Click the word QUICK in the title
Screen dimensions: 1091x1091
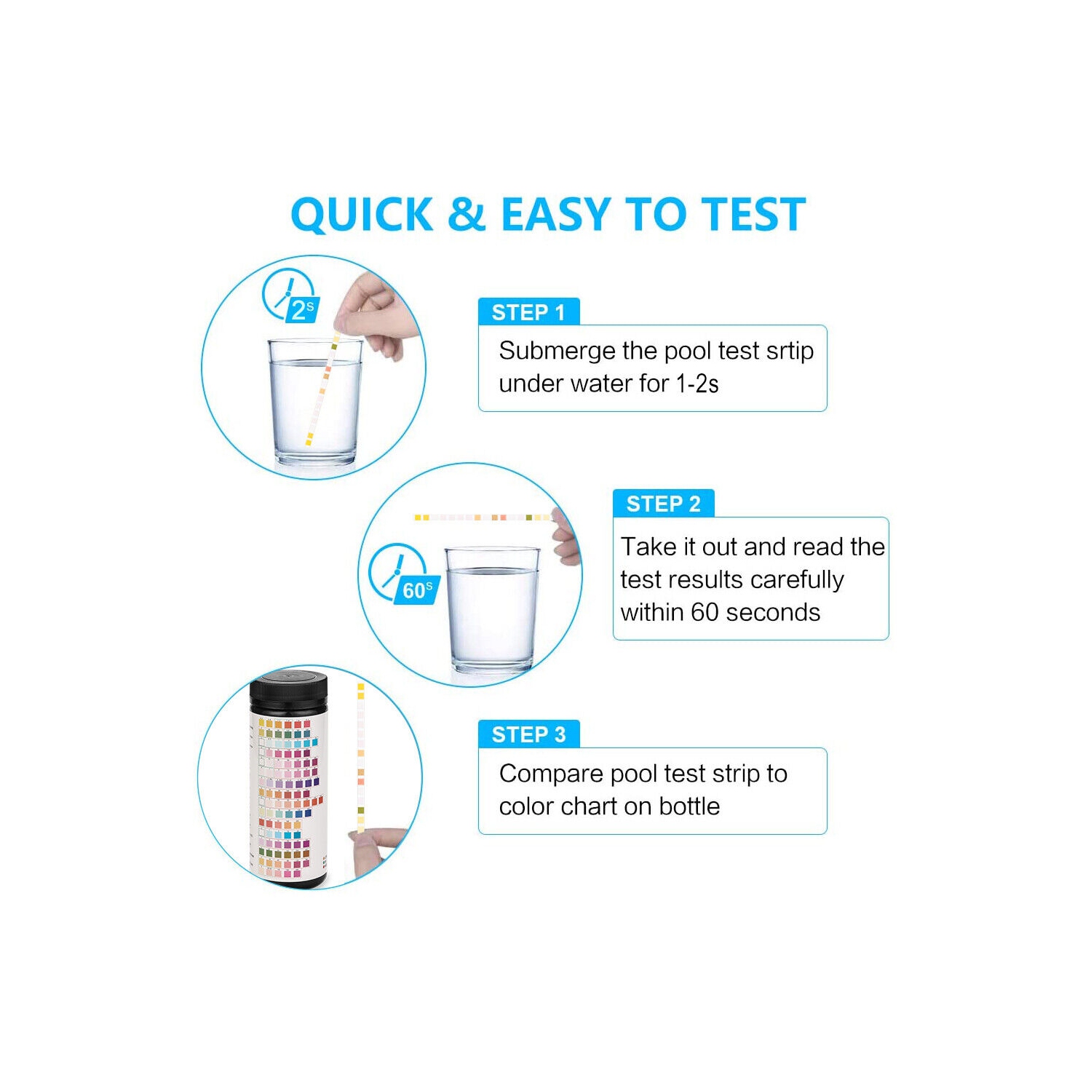tap(362, 215)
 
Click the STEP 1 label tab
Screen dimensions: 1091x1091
tap(528, 312)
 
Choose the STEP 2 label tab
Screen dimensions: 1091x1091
tap(663, 504)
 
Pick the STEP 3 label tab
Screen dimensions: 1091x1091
tap(528, 734)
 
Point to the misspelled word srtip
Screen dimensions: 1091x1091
tap(789, 351)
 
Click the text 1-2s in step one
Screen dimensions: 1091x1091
tap(697, 384)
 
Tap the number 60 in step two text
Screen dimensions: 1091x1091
tap(705, 612)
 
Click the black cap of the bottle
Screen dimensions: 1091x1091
tap(289, 692)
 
